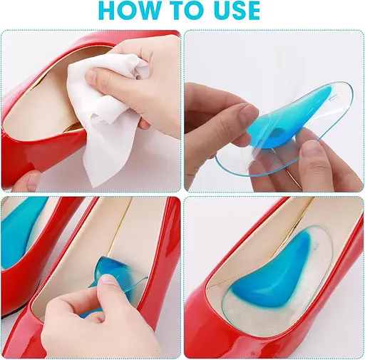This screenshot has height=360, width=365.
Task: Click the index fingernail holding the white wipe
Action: point(91,76)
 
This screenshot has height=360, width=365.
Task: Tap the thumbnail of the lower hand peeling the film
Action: point(309,148)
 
